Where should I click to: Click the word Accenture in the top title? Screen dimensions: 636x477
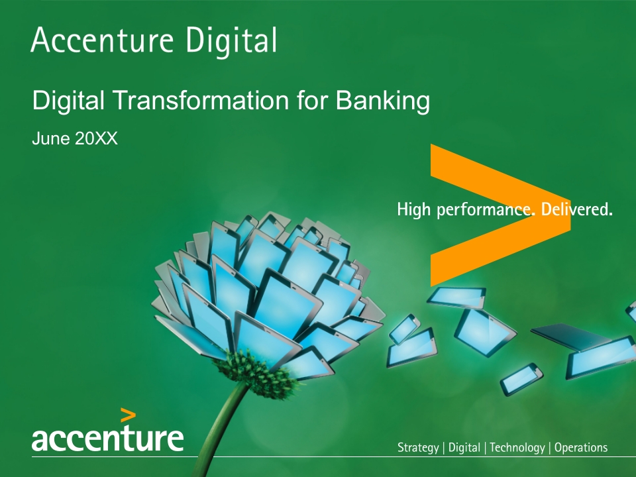[x=102, y=40]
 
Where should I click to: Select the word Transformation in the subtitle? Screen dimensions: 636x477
[x=201, y=100]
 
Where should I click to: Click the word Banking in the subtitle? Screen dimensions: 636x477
[x=382, y=101]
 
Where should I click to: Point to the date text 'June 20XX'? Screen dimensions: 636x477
[x=75, y=138]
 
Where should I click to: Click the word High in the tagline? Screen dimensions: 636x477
[x=413, y=209]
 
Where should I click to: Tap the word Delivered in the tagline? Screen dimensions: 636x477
[x=576, y=209]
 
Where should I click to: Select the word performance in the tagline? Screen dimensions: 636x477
[x=486, y=210]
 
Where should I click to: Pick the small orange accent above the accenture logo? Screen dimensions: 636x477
[x=128, y=416]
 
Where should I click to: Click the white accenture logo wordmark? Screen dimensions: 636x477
[x=107, y=437]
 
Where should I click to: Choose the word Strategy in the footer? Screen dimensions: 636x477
[x=418, y=448]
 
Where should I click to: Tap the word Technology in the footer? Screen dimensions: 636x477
[x=517, y=448]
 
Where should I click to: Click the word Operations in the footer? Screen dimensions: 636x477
[x=581, y=447]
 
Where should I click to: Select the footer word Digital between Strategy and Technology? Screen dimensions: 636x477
[x=464, y=448]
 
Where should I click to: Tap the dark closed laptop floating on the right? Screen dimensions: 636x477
[x=570, y=335]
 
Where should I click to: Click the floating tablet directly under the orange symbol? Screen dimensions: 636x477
[x=456, y=297]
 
